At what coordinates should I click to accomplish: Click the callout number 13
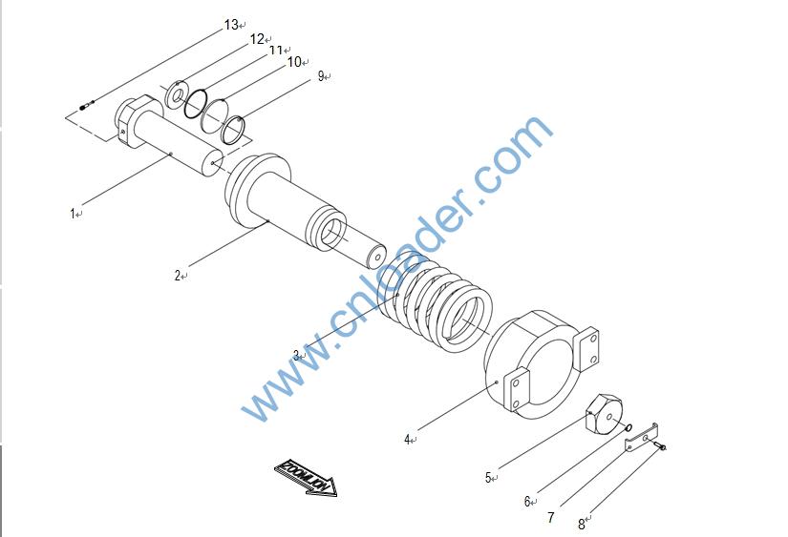pos(231,25)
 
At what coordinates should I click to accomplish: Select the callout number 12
pos(257,39)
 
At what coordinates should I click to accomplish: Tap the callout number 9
pos(321,76)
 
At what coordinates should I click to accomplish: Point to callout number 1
pos(73,214)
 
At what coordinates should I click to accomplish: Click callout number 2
pos(178,275)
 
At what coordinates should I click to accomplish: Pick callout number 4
pos(407,440)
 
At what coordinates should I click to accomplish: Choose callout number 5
pos(488,477)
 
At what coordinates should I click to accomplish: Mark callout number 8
pos(582,525)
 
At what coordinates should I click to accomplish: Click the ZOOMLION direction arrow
pos(306,478)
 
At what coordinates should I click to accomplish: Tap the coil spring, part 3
pos(436,302)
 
